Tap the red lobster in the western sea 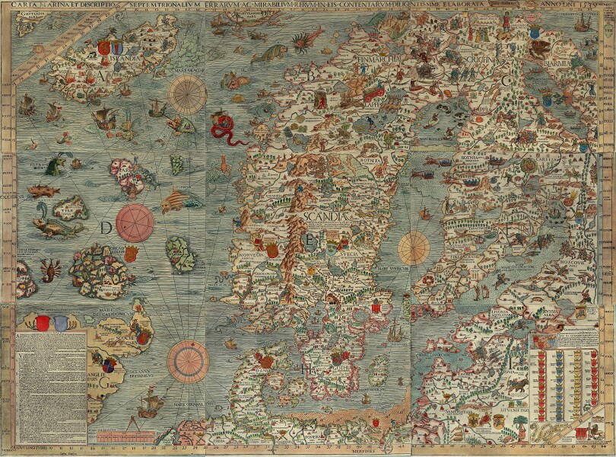pyautogui.click(x=50, y=268)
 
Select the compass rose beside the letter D pyautogui.click(x=135, y=221)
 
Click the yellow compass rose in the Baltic pyautogui.click(x=414, y=247)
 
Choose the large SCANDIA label pyautogui.click(x=325, y=216)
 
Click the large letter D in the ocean pyautogui.click(x=106, y=228)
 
